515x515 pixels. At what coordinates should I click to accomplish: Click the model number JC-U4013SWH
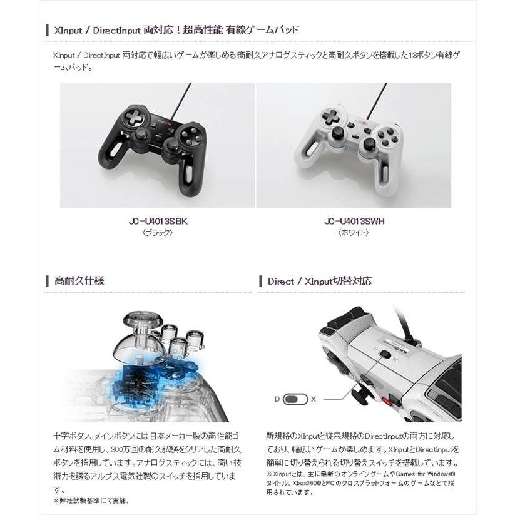354,221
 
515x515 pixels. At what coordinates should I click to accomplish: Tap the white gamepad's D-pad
332,116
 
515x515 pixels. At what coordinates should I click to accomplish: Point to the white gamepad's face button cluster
387,135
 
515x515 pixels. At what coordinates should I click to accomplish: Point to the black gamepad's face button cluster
193,135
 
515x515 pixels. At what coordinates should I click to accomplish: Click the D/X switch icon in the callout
295,399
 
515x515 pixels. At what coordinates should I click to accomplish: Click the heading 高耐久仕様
79,281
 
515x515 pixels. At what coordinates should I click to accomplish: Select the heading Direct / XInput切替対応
319,281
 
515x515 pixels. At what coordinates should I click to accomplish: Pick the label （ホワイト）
354,232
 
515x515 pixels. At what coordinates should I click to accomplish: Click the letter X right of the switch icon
314,399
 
